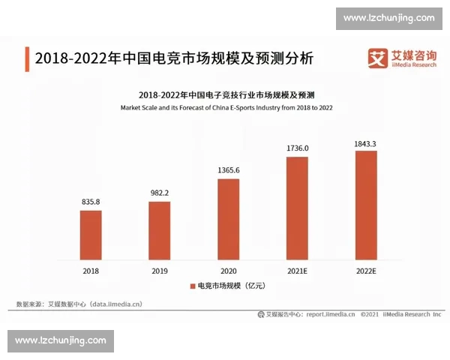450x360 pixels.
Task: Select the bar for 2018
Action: [91, 234]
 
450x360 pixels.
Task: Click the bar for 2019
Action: [159, 229]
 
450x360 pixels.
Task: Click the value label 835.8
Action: [91, 202]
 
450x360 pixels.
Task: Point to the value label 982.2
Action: [159, 193]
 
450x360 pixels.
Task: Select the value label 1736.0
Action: [297, 148]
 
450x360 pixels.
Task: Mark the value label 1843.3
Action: [366, 142]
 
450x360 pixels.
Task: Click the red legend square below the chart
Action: [191, 286]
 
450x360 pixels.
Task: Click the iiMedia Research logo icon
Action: [375, 57]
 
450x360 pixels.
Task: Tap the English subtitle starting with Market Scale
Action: [226, 108]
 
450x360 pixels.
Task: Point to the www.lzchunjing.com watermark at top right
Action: [388, 17]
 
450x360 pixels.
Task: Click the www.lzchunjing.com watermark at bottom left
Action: [61, 340]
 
